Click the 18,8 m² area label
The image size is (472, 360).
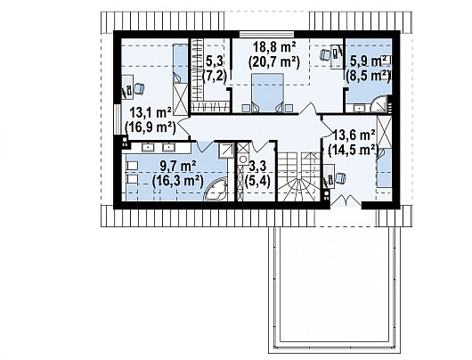click(x=274, y=47)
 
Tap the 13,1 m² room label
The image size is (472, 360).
click(x=151, y=113)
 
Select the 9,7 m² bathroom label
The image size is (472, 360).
click(x=178, y=166)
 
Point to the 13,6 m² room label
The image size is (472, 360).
click(x=354, y=135)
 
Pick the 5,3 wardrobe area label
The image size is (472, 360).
click(x=215, y=61)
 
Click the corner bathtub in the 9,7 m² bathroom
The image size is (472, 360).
click(x=216, y=189)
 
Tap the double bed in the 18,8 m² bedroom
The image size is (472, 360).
click(x=267, y=93)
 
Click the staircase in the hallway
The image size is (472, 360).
click(x=298, y=176)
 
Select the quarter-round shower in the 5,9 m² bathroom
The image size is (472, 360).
click(x=379, y=105)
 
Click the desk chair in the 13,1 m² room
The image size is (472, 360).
click(x=139, y=88)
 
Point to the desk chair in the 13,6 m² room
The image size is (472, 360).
click(x=340, y=177)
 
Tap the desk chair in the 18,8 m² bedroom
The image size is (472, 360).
click(x=325, y=54)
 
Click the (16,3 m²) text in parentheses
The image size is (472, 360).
click(x=178, y=182)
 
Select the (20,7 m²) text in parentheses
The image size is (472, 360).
click(x=274, y=62)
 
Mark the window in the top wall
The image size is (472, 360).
click(x=266, y=34)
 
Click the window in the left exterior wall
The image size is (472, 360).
click(x=117, y=119)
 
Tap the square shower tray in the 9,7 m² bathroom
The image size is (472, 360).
click(x=226, y=151)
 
